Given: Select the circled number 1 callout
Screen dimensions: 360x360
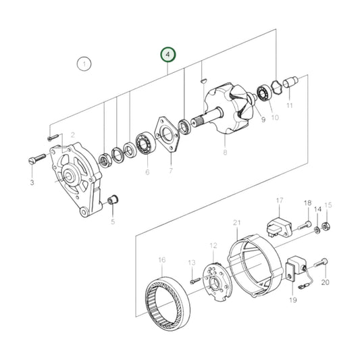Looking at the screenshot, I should coord(83,65).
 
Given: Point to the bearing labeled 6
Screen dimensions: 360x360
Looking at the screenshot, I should coord(143,143).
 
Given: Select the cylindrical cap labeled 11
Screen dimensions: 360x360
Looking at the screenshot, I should coord(289,86).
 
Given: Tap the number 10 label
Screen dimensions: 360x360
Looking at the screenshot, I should coord(275,118).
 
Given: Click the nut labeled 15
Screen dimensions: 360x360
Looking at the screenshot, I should coord(327,226).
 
